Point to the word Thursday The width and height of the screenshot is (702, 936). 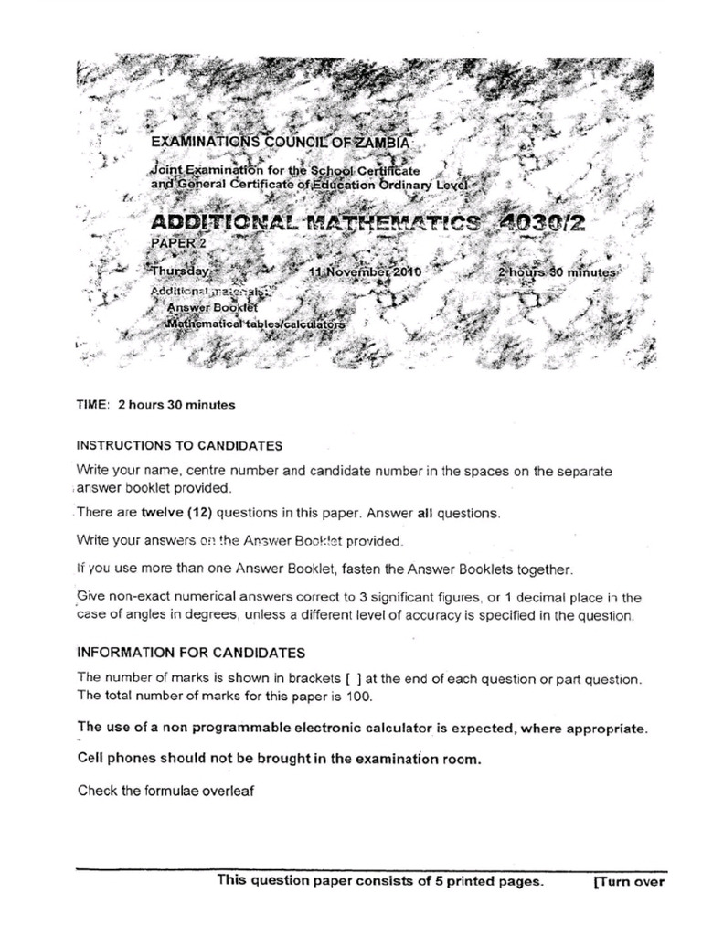181,271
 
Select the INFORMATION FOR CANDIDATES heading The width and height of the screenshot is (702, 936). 191,654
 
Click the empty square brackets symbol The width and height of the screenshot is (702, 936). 354,679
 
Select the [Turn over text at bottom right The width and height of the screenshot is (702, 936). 629,882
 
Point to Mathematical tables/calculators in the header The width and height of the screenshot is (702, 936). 256,324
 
